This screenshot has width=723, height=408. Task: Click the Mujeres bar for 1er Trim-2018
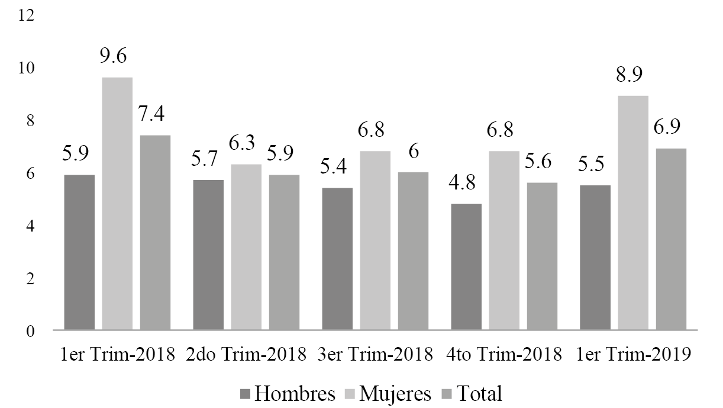point(117,203)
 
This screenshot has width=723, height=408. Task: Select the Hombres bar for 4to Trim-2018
point(466,266)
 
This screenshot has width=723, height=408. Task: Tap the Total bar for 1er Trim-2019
point(671,239)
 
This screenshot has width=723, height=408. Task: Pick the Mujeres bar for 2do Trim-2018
point(246,247)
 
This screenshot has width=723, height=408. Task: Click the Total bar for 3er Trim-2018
point(413,250)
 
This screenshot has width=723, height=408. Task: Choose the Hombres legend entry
point(289,394)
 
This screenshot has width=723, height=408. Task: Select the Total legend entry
point(474,394)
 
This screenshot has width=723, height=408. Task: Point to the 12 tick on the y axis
point(27,15)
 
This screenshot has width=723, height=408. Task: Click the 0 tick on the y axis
point(30,330)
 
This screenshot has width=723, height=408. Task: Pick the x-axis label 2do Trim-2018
point(246,355)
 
